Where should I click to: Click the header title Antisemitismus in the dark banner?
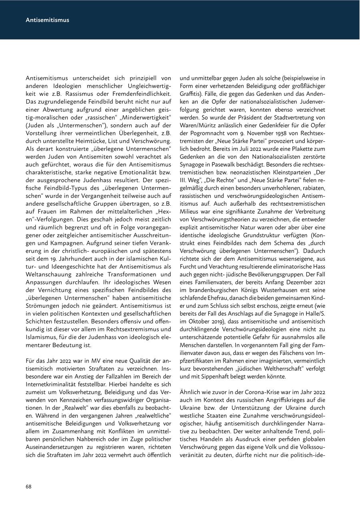[x=47, y=20]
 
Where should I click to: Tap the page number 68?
[x=29, y=487]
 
